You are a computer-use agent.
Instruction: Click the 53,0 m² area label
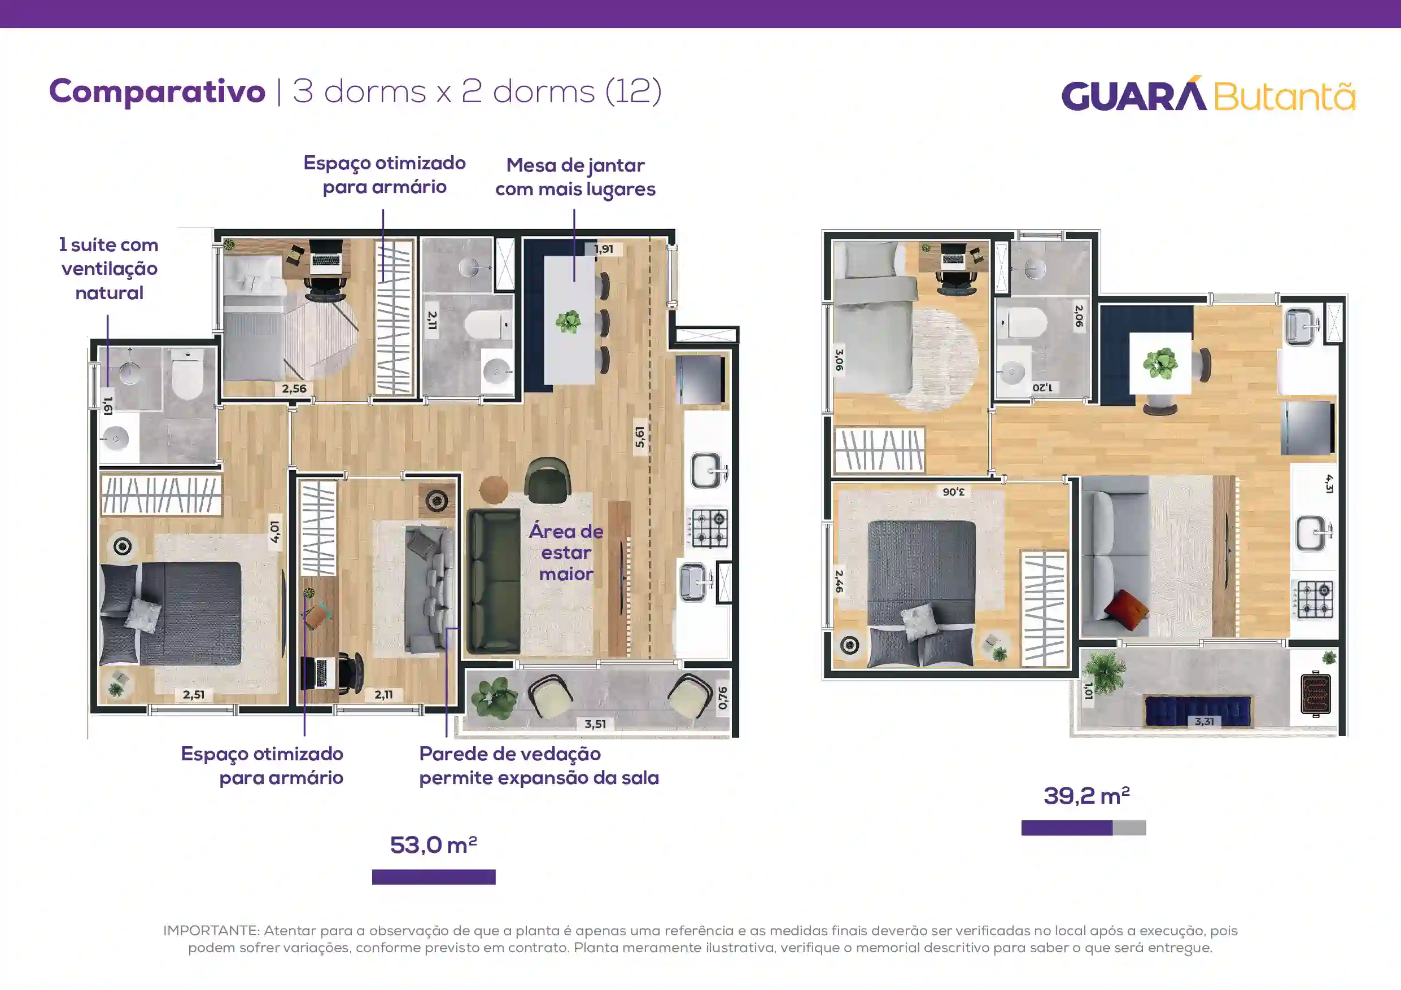[x=433, y=845]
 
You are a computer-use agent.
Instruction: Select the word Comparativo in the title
[x=158, y=92]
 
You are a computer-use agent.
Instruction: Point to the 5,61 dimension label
[x=639, y=437]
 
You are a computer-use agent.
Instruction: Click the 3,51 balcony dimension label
[x=595, y=724]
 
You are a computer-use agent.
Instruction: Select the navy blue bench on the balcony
[x=1198, y=711]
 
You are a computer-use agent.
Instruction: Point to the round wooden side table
[x=494, y=490]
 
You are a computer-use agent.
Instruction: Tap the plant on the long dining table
[x=568, y=322]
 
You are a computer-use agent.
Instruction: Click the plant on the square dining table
[x=1160, y=363]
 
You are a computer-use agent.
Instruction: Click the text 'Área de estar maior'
[x=566, y=553]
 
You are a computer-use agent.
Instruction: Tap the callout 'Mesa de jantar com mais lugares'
[x=575, y=177]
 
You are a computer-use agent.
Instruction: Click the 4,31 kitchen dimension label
[x=1329, y=484]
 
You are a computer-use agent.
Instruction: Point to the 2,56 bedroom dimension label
[x=294, y=388]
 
